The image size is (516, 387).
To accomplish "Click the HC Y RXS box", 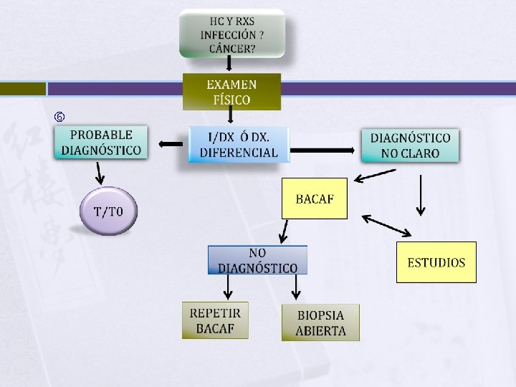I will tap(231, 32).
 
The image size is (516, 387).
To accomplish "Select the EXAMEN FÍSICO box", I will tap(231, 91).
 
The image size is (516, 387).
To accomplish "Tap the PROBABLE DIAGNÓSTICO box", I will tap(101, 143).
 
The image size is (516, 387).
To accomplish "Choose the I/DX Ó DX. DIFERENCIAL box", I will tap(239, 144).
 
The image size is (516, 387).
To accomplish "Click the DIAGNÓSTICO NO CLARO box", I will tap(410, 145).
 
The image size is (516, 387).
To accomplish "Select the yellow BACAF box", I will tap(314, 198).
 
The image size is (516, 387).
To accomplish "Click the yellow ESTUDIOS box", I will tap(436, 262).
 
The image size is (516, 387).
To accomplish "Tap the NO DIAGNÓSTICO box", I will tap(257, 260).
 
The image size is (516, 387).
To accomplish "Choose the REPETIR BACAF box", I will tap(215, 320).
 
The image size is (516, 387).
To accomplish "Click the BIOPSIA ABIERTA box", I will tap(320, 322).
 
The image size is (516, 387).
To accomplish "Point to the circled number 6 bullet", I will tap(60, 116).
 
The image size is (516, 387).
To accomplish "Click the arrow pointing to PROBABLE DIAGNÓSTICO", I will tap(171, 144).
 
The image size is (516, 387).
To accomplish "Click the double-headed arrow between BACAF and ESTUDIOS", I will tap(387, 225).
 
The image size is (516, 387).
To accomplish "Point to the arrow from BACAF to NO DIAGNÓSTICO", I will tap(284, 231).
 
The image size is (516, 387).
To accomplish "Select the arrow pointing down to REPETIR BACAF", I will tap(228, 287).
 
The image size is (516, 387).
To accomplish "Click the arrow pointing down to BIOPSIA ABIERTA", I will tap(295, 287).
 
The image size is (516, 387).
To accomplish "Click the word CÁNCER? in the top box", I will tap(232, 49).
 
